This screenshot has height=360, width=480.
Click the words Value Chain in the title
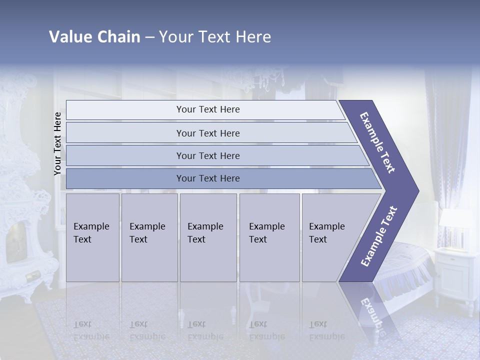[94, 37]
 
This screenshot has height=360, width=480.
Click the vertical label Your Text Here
[57, 143]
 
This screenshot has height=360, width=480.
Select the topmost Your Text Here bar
[205, 109]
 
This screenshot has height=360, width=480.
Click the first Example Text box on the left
[92, 237]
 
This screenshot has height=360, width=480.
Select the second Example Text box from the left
[149, 237]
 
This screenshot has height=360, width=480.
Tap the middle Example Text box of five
[208, 237]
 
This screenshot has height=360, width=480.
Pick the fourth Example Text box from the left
[269, 237]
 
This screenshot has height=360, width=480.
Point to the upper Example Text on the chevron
[377, 142]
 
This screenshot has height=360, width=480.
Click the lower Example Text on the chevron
[378, 236]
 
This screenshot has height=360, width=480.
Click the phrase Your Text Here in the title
[215, 37]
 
